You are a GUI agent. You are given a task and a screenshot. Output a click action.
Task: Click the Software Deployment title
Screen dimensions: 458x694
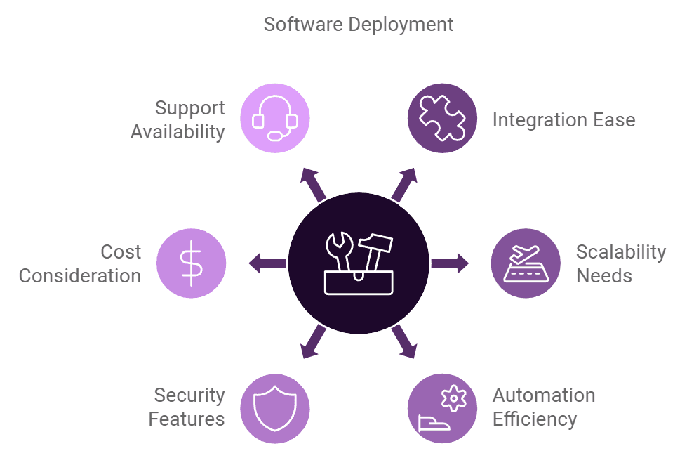pyautogui.click(x=358, y=25)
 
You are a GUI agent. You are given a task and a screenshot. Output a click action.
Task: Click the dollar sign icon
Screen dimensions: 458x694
pyautogui.click(x=191, y=263)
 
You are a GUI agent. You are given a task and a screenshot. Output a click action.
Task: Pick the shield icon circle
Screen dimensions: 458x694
pyautogui.click(x=275, y=408)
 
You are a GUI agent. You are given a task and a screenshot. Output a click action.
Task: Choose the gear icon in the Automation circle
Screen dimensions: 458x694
pyautogui.click(x=453, y=398)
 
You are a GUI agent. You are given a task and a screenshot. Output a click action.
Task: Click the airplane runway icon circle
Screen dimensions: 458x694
pyautogui.click(x=526, y=263)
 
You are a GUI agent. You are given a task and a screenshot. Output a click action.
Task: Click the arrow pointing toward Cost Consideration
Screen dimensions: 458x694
pyautogui.click(x=267, y=263)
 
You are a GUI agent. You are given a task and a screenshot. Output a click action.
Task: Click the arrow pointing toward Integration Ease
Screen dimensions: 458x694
pyautogui.click(x=405, y=184)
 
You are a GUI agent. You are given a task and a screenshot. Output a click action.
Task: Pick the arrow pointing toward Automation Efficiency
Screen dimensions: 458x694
pyautogui.click(x=405, y=343)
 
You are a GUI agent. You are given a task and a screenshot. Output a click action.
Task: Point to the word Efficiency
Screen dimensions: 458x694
pyautogui.click(x=534, y=419)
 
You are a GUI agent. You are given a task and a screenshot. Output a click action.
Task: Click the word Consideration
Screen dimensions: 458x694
pyautogui.click(x=80, y=275)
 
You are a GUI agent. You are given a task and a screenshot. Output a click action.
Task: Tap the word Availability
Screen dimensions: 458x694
pyautogui.click(x=178, y=131)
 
